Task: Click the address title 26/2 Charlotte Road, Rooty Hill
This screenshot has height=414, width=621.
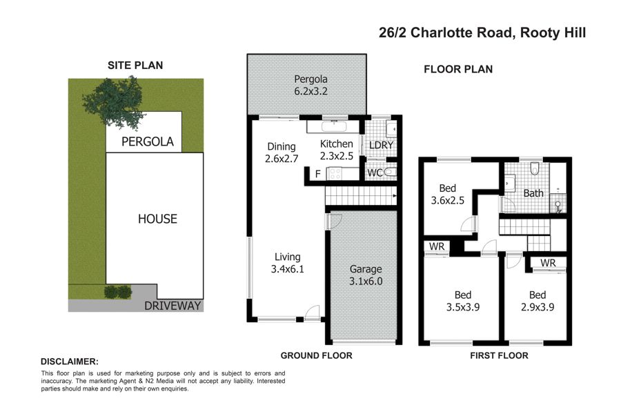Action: click(x=482, y=32)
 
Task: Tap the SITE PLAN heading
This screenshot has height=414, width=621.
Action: click(x=135, y=66)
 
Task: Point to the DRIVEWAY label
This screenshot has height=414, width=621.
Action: click(x=172, y=306)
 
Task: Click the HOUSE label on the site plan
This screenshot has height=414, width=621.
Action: click(x=157, y=219)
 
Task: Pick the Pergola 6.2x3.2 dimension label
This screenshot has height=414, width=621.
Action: click(x=311, y=85)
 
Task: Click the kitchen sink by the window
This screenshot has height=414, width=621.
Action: click(x=334, y=126)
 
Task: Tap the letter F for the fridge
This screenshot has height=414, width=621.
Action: click(x=317, y=174)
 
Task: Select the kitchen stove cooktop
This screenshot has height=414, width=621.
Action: click(x=335, y=173)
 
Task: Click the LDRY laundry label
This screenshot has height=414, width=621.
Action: click(x=381, y=146)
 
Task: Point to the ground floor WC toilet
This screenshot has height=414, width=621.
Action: click(x=390, y=172)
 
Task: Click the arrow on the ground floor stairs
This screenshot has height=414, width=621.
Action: click(x=394, y=196)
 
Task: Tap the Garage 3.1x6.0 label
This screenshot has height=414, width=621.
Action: click(x=366, y=275)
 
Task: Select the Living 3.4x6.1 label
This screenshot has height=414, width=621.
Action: click(x=288, y=263)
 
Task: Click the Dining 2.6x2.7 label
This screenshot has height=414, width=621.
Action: click(x=282, y=152)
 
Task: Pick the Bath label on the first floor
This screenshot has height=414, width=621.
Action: click(x=533, y=193)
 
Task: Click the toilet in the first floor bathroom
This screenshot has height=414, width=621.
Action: click(x=535, y=168)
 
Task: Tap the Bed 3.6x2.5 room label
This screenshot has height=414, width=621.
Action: click(x=448, y=194)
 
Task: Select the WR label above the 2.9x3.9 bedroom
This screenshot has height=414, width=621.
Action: click(x=548, y=263)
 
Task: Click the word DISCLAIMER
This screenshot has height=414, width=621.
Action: click(x=69, y=362)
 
